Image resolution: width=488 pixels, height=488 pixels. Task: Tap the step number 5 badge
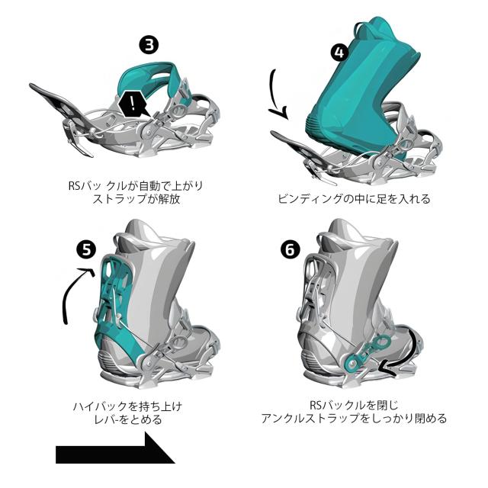pyautogui.click(x=88, y=249)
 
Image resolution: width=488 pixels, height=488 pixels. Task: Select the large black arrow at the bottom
pyautogui.click(x=114, y=451)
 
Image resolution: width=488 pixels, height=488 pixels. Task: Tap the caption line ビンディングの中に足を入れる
pyautogui.click(x=353, y=199)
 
